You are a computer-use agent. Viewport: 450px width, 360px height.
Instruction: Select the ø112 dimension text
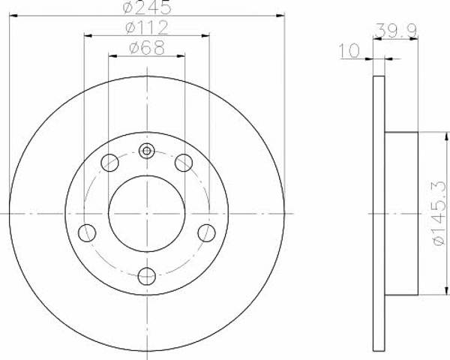(x=147, y=28)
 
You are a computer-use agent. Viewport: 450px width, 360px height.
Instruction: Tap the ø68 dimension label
(x=147, y=48)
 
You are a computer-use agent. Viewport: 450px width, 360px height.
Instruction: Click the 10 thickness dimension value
(x=349, y=50)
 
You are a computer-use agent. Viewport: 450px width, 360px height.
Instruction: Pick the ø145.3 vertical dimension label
(x=439, y=213)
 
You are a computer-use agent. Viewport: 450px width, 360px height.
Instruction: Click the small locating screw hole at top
(x=147, y=151)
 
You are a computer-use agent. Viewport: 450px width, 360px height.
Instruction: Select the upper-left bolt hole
(x=110, y=163)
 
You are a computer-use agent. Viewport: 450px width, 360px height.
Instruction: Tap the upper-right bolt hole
(x=184, y=163)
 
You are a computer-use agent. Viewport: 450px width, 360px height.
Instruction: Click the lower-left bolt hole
(x=87, y=232)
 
